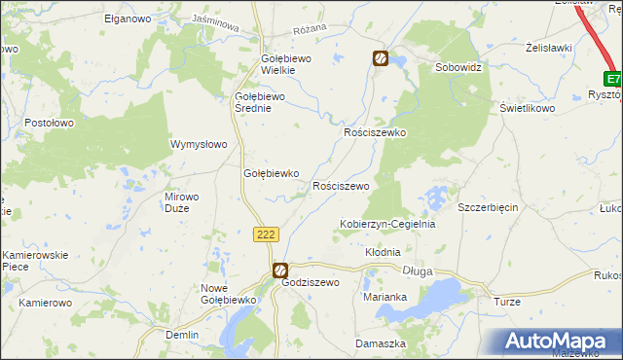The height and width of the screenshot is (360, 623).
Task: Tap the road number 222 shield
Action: [267, 234]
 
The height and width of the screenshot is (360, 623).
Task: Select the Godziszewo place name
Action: [310, 282]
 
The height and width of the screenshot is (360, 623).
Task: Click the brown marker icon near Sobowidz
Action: [381, 59]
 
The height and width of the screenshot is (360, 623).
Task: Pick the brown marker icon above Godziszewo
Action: [279, 270]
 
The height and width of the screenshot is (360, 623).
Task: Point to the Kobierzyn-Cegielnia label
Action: [386, 224]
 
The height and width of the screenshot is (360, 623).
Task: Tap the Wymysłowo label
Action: [199, 144]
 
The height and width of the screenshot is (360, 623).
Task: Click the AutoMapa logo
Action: [557, 342]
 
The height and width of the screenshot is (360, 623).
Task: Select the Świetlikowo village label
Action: [527, 108]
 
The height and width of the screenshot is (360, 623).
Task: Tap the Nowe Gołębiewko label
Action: [227, 294]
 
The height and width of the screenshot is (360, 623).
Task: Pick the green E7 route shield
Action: [612, 79]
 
